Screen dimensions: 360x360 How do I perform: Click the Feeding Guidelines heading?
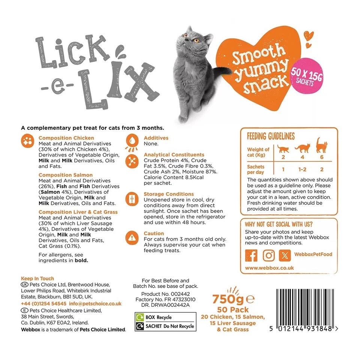point(270,136)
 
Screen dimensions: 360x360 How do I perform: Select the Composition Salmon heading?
point(66,175)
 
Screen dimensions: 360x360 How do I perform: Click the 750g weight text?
point(229,299)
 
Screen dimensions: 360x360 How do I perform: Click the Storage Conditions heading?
point(169,194)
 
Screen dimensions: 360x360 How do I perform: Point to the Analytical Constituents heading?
point(174,154)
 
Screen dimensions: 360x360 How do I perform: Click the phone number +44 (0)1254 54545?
point(44,304)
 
